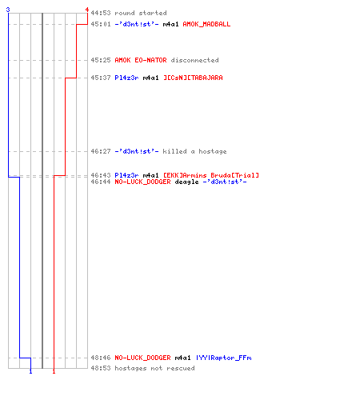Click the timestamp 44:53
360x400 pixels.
coord(101,13)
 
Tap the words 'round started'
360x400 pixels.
coord(141,13)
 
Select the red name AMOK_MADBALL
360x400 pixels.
coord(206,24)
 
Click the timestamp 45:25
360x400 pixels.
coord(101,60)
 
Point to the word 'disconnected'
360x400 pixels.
coord(194,60)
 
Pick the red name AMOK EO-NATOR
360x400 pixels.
coord(141,60)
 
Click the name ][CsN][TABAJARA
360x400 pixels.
coord(193,78)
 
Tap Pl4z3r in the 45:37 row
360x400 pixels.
coord(126,78)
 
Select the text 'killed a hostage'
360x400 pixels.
coord(194,151)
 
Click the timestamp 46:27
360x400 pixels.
coord(101,151)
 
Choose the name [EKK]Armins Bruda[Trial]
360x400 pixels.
coord(211,175)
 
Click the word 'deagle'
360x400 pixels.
coord(186,182)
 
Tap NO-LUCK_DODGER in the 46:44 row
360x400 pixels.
coord(142,182)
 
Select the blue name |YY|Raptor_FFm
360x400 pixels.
coord(224,358)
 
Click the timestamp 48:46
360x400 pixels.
coord(101,358)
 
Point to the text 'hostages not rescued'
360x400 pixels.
coord(154,368)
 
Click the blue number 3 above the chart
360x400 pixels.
coord(8,10)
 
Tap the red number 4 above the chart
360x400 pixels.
coord(87,10)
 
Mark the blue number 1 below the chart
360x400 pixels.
coord(30,371)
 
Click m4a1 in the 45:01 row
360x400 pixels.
coord(170,24)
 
